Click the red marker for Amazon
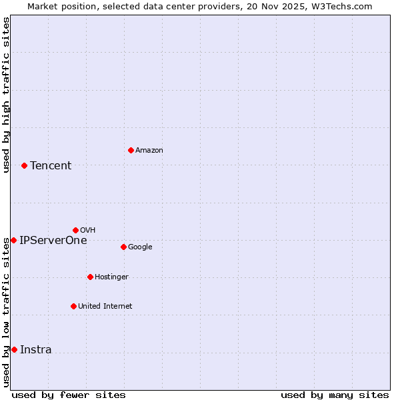tap(131, 150)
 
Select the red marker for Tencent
tap(24, 165)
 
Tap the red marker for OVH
tap(75, 230)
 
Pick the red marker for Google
tap(123, 247)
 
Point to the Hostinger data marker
tap(90, 277)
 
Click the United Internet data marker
tap(73, 306)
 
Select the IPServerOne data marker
tap(13, 240)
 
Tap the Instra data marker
tap(14, 349)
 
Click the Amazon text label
tap(149, 151)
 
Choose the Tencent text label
tap(51, 166)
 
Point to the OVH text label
tap(87, 231)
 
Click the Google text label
tap(140, 247)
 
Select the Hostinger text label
tap(111, 277)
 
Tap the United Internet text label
tap(105, 307)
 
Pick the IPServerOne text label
tap(53, 241)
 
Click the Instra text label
tap(36, 350)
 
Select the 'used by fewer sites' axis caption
tap(69, 395)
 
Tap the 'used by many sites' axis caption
tap(335, 395)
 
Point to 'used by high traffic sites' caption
tap(6, 95)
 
